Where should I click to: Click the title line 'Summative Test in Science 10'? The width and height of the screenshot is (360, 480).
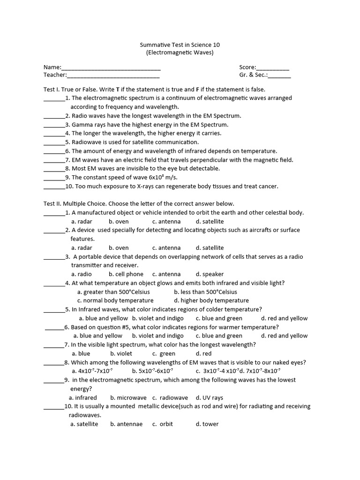click(180, 45)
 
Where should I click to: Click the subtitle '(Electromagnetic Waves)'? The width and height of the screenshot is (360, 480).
click(180, 52)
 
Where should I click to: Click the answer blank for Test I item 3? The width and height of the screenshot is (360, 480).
click(54, 126)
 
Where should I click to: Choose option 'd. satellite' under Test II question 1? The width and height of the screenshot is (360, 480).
click(210, 221)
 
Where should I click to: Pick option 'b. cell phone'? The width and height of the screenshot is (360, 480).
click(126, 274)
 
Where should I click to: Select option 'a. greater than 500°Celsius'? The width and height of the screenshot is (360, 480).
click(110, 292)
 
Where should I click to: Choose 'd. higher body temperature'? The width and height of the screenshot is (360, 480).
click(211, 300)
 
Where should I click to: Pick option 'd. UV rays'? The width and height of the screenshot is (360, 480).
click(210, 397)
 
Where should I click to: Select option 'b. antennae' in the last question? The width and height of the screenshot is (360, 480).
click(126, 424)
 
